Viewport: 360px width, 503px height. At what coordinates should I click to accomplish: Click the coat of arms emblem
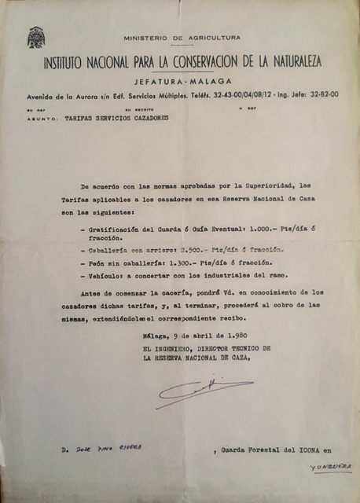[x=36, y=38]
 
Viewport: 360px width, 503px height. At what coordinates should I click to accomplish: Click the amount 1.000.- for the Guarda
[x=244, y=228]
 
